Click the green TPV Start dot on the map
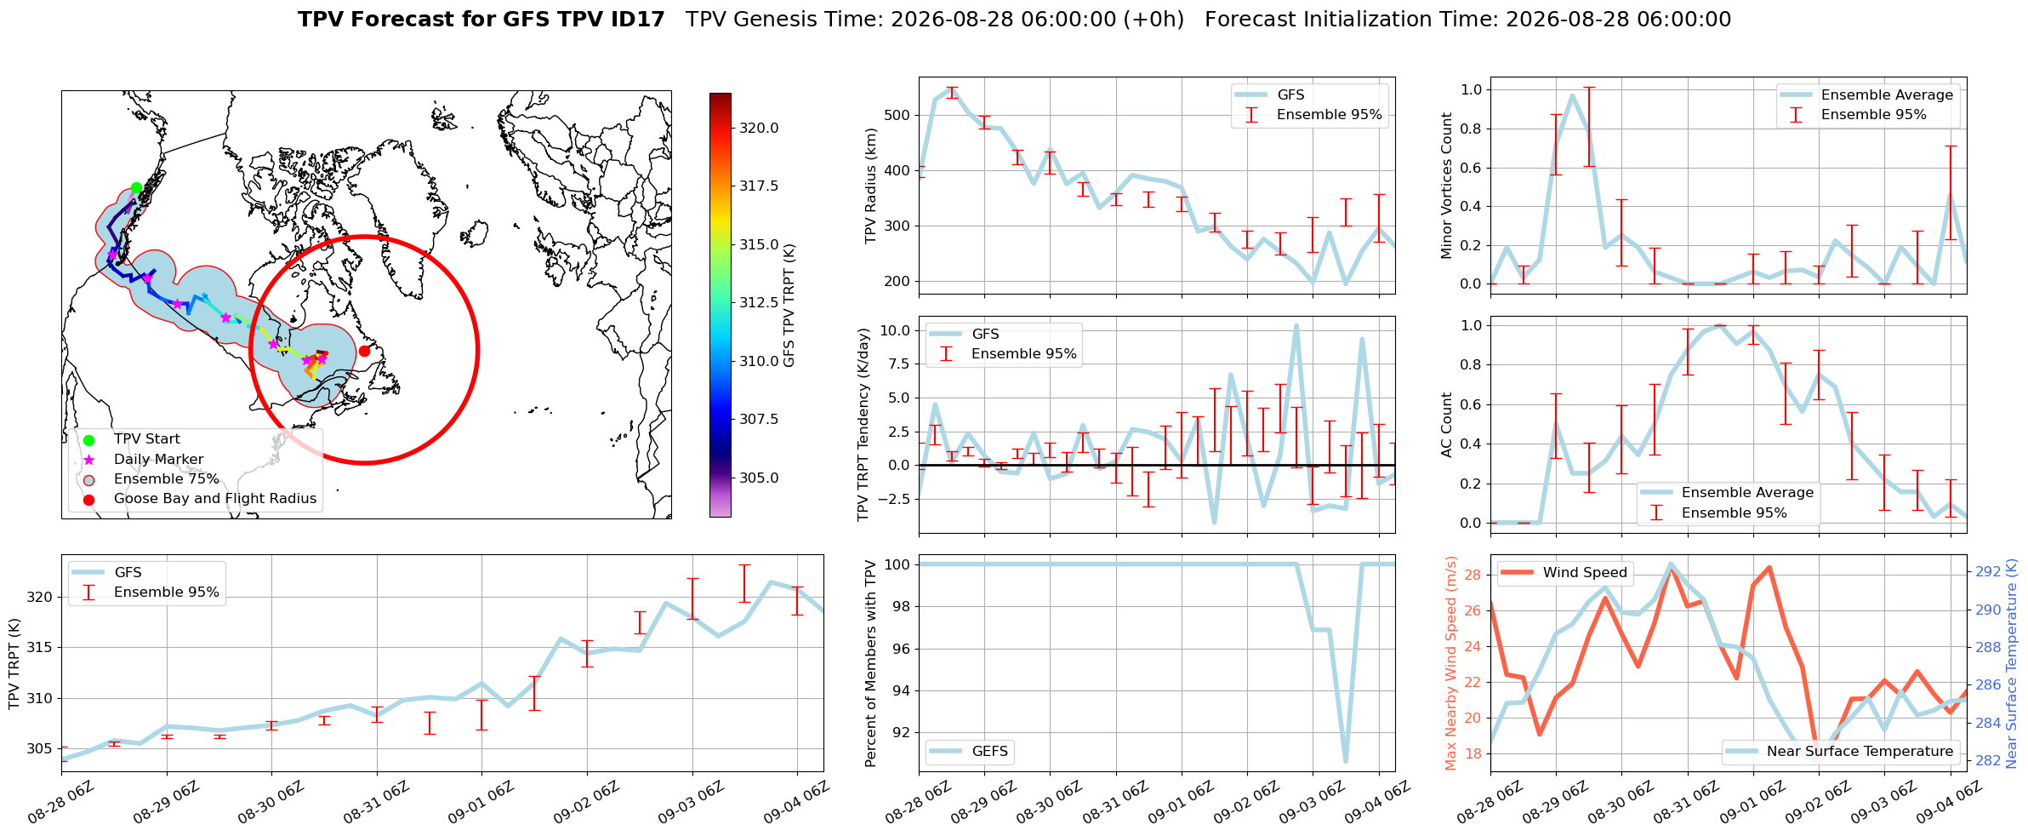click(x=136, y=188)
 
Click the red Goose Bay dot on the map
click(x=364, y=351)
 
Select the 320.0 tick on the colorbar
click(x=759, y=129)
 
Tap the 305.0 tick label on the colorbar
click(x=759, y=478)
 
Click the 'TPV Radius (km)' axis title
click(x=870, y=186)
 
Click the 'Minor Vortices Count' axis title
click(x=1446, y=186)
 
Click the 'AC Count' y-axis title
click(x=1446, y=425)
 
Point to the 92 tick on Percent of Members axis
click(x=902, y=733)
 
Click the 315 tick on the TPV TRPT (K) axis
click(x=40, y=648)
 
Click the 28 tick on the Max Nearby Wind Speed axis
click(x=1473, y=575)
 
